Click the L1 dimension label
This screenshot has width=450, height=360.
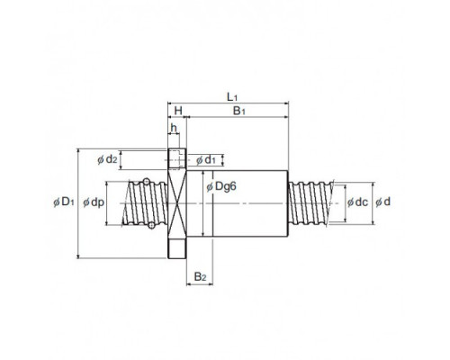232,97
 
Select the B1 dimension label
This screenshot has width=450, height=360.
239,111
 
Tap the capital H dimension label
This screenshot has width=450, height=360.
178,111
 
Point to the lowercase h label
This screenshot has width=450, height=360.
174,128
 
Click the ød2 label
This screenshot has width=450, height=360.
107,159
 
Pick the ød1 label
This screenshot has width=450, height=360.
206,160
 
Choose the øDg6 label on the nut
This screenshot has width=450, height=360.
221,186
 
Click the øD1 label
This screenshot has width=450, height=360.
63,202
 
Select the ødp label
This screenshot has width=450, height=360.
94,202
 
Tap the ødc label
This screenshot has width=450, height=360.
357,202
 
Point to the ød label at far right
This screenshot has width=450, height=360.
383,202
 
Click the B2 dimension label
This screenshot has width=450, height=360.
200,276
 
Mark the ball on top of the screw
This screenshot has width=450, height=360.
147,181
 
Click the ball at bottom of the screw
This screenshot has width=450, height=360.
152,225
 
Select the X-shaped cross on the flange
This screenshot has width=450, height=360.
177,203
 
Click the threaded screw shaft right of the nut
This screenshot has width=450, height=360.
310,202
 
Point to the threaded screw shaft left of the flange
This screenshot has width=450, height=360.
145,202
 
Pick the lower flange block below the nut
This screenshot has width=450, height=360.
177,248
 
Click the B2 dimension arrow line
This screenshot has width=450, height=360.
200,283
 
